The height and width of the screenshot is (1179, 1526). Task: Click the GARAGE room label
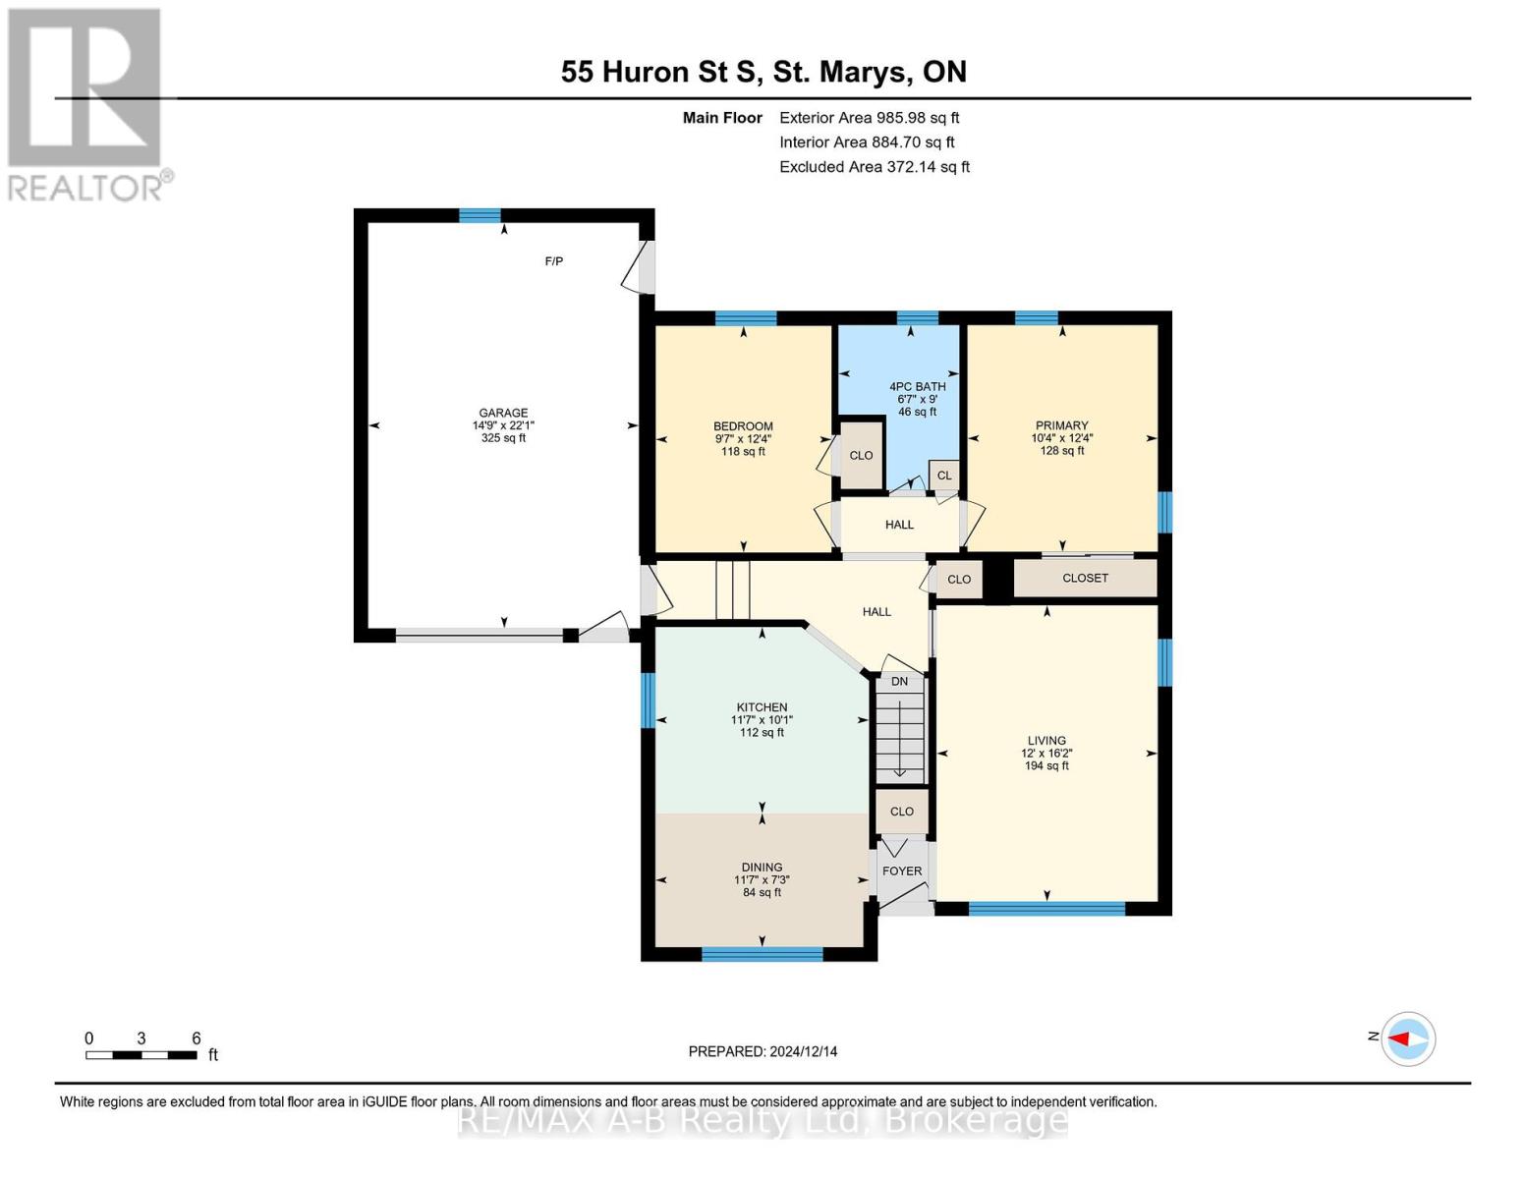[503, 413]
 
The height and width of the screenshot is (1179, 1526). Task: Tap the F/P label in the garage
[554, 261]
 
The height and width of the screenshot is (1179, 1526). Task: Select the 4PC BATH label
[917, 386]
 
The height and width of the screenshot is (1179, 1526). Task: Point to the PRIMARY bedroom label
[1062, 425]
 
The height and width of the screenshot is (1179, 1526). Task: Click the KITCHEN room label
[762, 707]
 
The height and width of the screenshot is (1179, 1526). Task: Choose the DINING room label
[762, 868]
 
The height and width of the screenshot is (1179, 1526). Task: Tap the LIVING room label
[1046, 740]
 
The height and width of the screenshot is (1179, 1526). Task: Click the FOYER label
[902, 870]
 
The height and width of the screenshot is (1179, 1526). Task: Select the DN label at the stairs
[900, 681]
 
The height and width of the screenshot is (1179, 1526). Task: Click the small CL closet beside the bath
[944, 476]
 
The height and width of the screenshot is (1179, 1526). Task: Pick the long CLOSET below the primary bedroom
[1085, 578]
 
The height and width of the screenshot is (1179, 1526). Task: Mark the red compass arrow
[1399, 1039]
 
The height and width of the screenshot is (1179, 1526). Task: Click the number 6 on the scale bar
[197, 1038]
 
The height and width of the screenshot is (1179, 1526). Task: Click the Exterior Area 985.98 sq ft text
[870, 118]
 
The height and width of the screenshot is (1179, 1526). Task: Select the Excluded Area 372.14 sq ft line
[875, 167]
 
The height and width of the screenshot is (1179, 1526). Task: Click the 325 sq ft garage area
[503, 438]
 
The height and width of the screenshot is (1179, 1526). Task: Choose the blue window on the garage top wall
[480, 215]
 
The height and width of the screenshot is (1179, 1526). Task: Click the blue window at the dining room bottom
[762, 954]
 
